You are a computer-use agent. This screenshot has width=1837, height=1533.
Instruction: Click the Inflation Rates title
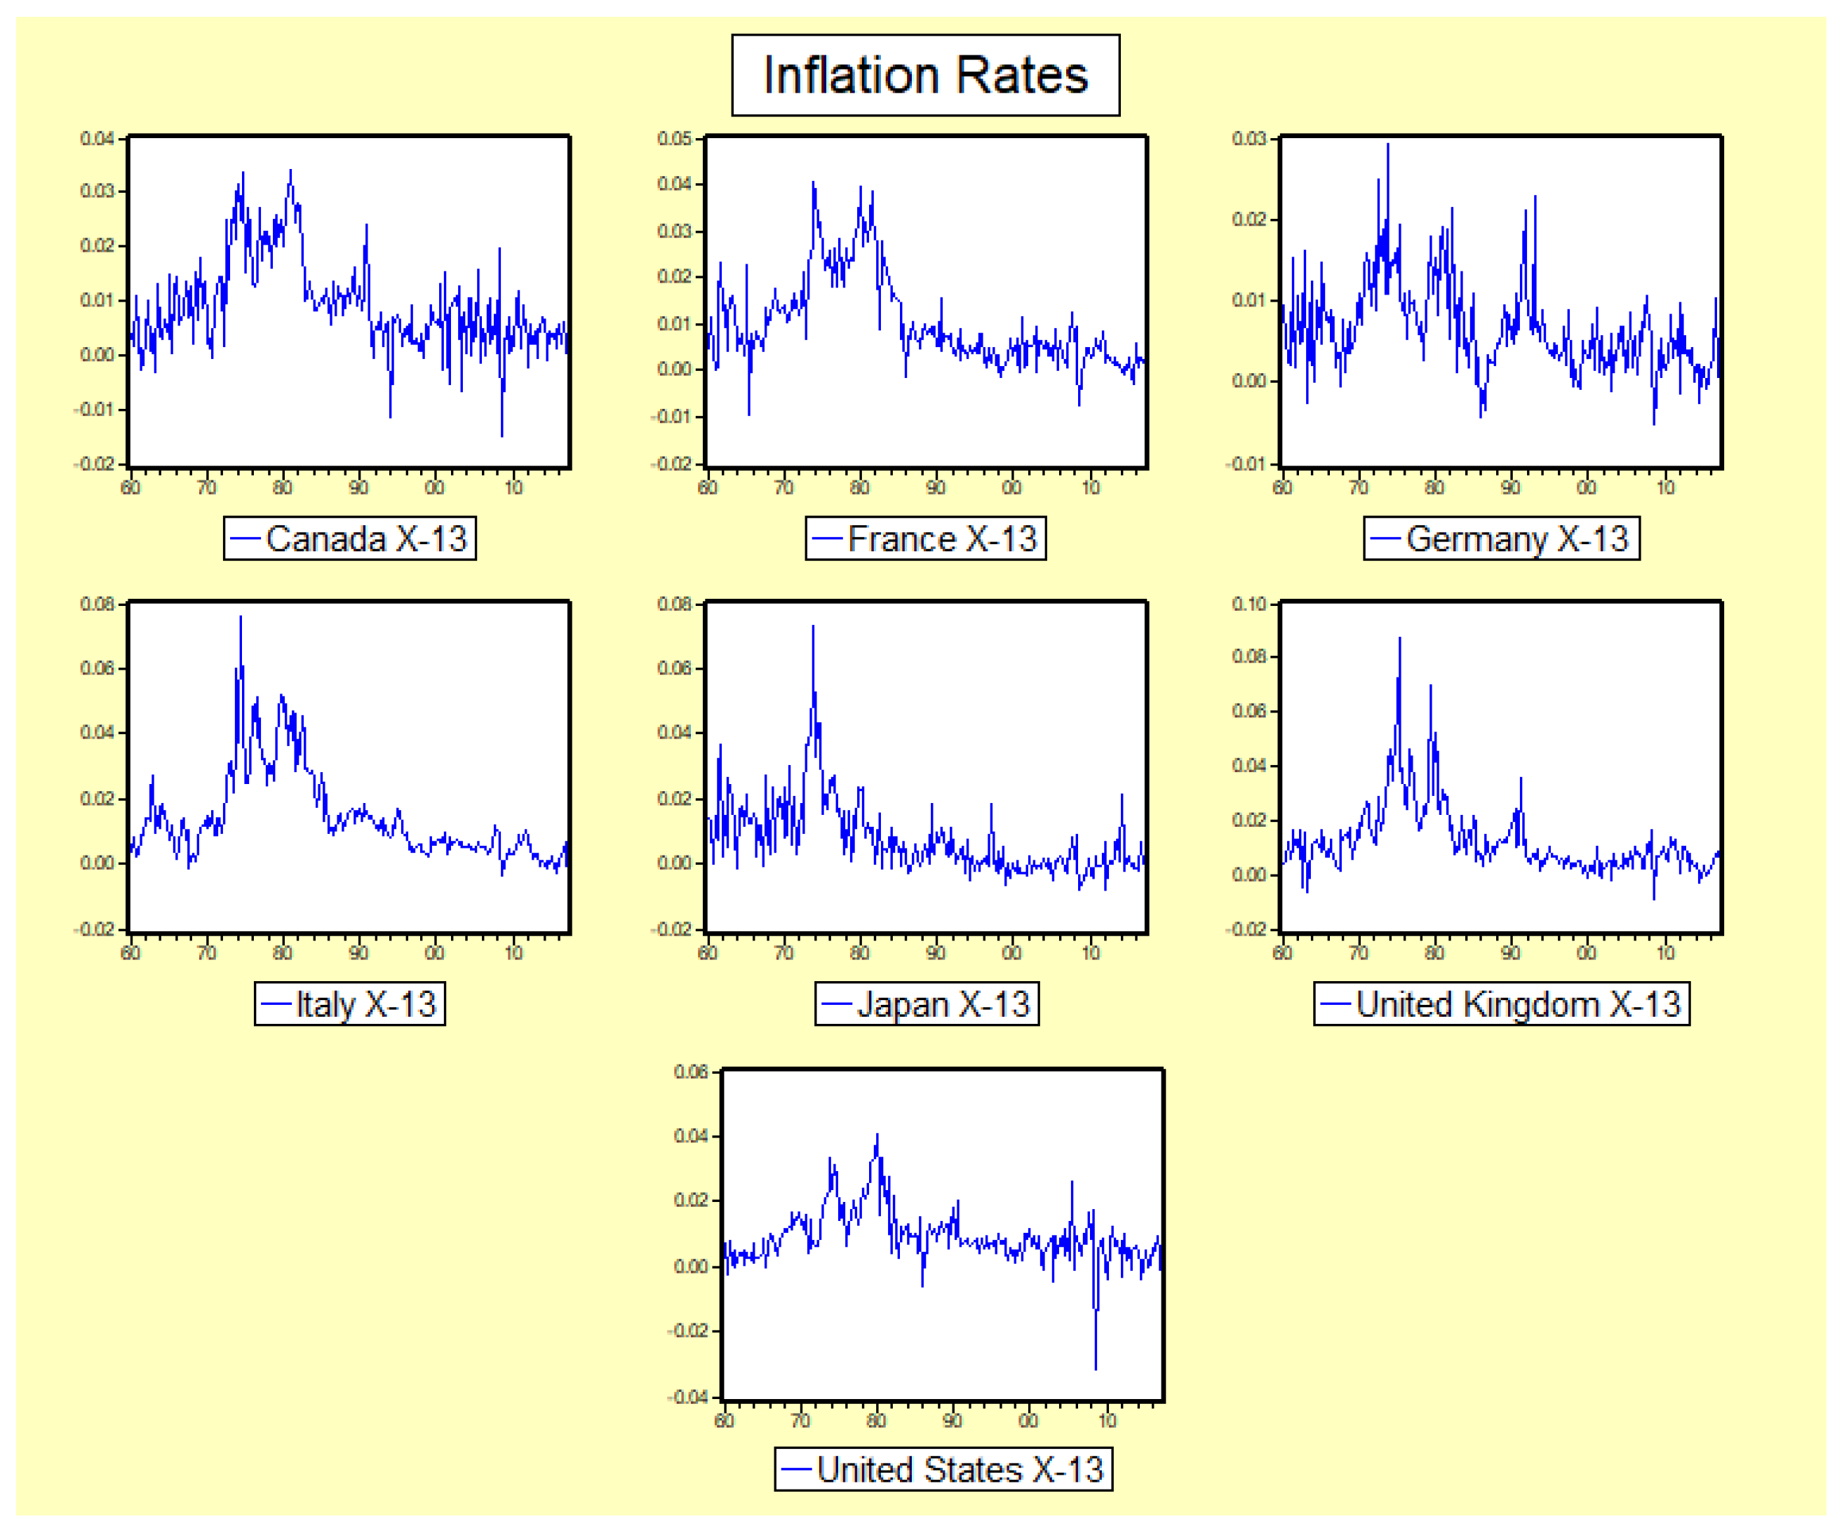(924, 75)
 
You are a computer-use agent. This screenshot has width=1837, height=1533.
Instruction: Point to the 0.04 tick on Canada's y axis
(97, 138)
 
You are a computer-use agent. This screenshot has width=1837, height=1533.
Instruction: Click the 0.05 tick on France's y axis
(675, 138)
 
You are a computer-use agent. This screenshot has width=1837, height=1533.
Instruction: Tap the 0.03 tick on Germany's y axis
(1249, 138)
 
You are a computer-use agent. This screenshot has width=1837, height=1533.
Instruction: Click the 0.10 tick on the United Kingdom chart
(1249, 603)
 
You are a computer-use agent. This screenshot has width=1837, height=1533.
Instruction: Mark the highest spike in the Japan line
(813, 626)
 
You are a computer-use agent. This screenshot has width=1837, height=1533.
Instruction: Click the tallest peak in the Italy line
(241, 617)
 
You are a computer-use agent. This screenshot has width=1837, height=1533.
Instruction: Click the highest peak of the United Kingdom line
(1399, 638)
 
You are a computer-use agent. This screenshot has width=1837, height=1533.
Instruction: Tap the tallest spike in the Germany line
(1388, 144)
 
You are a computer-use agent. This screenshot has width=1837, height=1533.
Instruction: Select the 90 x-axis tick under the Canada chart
(358, 487)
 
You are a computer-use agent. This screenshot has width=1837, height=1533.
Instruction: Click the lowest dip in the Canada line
(502, 435)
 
